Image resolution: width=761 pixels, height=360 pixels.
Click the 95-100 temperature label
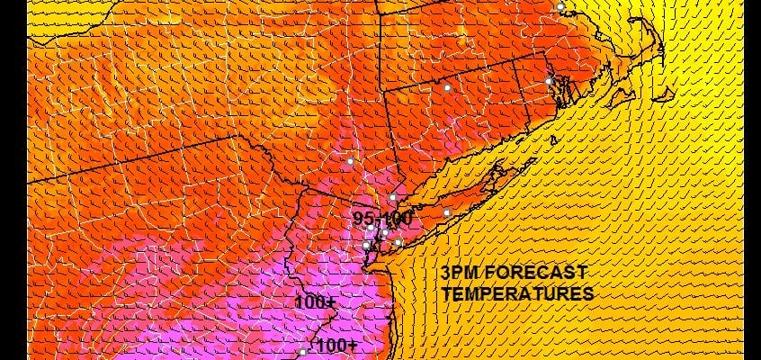(x=382, y=219)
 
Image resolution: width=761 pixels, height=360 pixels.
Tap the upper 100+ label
(x=315, y=303)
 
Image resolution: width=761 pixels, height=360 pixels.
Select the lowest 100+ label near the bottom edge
(x=337, y=346)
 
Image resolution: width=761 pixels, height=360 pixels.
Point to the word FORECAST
(x=538, y=273)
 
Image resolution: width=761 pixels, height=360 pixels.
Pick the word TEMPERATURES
(x=517, y=293)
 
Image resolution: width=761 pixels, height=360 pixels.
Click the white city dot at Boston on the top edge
(x=560, y=6)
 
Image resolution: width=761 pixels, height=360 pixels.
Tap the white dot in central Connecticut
(x=446, y=87)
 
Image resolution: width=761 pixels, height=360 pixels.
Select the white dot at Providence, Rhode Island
(x=548, y=82)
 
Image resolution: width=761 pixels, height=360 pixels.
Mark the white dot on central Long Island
(x=447, y=212)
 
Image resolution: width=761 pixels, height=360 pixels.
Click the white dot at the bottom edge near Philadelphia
(x=303, y=353)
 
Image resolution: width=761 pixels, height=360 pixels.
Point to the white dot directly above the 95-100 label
(x=393, y=197)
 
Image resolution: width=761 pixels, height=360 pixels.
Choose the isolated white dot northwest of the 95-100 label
(x=351, y=161)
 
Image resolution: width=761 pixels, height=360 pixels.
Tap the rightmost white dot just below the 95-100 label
(x=398, y=242)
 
